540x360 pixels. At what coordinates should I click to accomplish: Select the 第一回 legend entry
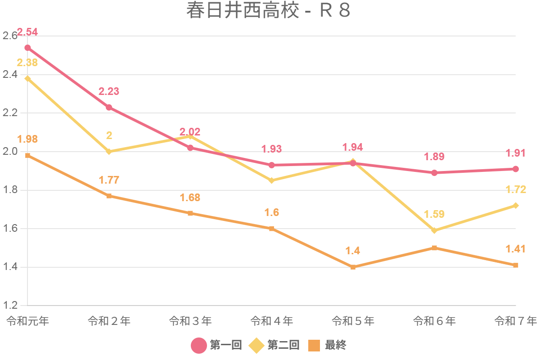coord(216,345)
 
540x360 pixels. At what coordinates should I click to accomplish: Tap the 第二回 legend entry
coord(274,345)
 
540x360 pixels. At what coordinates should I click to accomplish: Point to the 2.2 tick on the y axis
coord(10,113)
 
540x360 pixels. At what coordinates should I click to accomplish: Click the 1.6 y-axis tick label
coord(10,229)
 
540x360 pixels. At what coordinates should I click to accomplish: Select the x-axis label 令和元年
coord(27,321)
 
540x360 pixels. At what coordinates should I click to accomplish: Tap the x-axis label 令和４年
coord(272,321)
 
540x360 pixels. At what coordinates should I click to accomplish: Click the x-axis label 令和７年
coord(516,321)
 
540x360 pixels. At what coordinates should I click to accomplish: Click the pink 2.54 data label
coord(27,32)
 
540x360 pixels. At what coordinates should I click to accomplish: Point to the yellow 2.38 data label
coord(27,63)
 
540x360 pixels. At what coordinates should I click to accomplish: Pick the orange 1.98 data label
coord(27,139)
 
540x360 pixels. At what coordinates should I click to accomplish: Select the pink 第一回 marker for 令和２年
coord(109,108)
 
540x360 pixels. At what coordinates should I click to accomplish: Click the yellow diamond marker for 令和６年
coord(434,230)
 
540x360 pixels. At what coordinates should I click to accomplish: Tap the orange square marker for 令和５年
coord(353,267)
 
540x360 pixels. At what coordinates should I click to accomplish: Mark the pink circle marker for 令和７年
coord(516,169)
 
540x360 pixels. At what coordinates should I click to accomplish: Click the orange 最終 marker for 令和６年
coord(434,248)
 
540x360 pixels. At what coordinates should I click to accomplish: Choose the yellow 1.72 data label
coord(516,189)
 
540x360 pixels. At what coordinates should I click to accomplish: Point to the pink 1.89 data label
coord(434,157)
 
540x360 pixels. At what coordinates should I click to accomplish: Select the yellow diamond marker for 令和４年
coord(272,180)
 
